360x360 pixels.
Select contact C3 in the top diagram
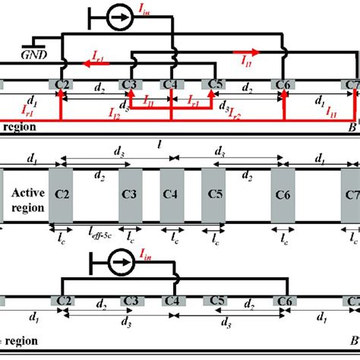pyautogui.click(x=131, y=84)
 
